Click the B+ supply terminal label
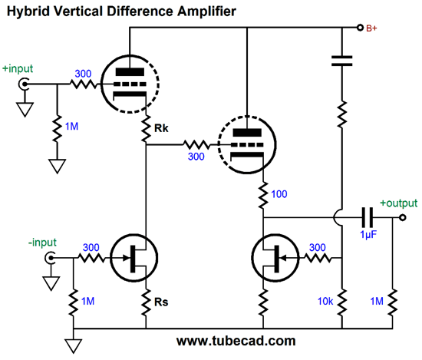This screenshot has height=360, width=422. [x=371, y=28]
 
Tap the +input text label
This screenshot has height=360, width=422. [x=18, y=69]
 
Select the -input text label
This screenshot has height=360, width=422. [x=42, y=243]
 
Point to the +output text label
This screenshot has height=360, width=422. [x=398, y=203]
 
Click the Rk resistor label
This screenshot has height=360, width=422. [x=161, y=128]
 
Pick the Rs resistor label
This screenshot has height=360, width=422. [x=161, y=302]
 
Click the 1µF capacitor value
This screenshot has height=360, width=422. [x=368, y=235]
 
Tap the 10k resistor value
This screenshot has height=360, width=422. [x=325, y=302]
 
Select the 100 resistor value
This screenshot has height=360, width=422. [x=279, y=194]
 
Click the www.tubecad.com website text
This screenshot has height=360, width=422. [x=236, y=341]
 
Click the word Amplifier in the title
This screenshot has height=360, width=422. [x=206, y=12]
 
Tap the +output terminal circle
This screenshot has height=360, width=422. [x=402, y=217]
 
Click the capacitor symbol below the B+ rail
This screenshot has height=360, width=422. [x=341, y=61]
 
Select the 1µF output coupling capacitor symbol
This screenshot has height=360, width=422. [x=368, y=217]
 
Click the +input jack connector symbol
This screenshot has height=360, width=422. [x=24, y=84]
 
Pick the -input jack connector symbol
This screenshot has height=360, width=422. [x=50, y=258]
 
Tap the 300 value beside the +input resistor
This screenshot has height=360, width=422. [x=83, y=74]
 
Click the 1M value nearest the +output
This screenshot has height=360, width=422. [x=377, y=302]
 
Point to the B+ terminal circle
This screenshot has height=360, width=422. [x=360, y=28]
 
